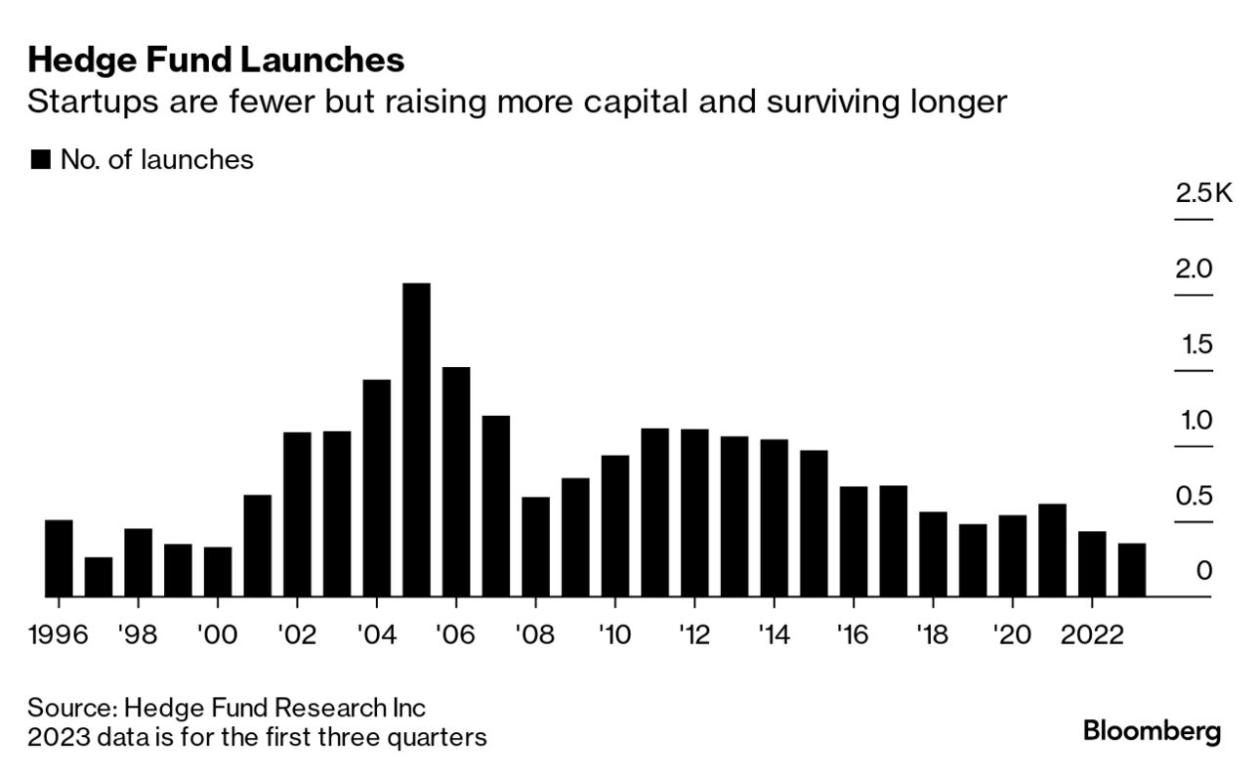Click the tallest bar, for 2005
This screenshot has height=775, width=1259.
[x=416, y=439]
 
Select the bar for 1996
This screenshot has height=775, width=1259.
[x=59, y=557]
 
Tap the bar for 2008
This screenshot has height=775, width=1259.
[x=535, y=546]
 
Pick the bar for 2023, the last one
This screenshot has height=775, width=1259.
[x=1131, y=569]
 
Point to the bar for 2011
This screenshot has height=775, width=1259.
[x=654, y=511]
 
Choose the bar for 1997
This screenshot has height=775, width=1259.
[x=99, y=576]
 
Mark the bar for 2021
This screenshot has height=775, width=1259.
[x=1052, y=550]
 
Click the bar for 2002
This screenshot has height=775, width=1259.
[x=297, y=513]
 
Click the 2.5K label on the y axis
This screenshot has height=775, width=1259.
[x=1204, y=192]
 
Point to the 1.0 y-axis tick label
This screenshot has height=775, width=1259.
[x=1194, y=420]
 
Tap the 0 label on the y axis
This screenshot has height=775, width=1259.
[x=1203, y=570]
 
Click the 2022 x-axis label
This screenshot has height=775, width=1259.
[x=1092, y=634]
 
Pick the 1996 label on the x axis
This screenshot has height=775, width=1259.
[x=59, y=634]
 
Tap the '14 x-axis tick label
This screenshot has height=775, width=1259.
[x=774, y=634]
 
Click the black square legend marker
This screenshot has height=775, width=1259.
[x=40, y=160]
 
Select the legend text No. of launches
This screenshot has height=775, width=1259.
[x=156, y=160]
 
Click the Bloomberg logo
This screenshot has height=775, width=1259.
[x=1152, y=731]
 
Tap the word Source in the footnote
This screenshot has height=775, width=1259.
[x=69, y=707]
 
